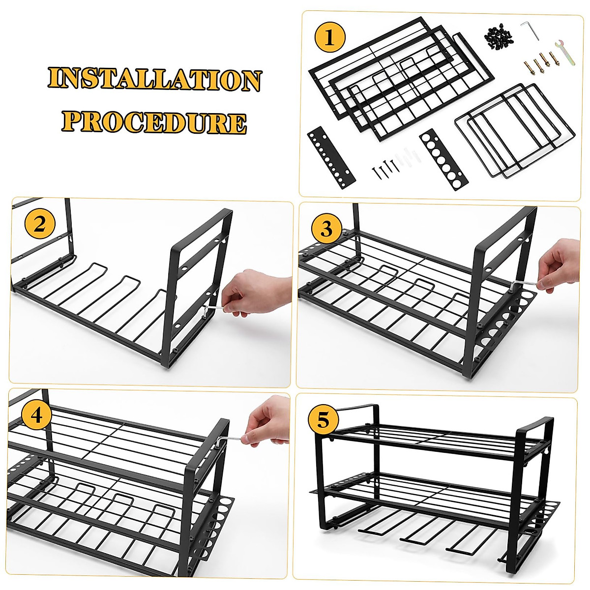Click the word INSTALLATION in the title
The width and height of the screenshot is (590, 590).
pos(154,80)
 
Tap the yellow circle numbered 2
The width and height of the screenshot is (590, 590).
pos(40,224)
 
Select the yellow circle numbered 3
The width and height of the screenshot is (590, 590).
pos(326,229)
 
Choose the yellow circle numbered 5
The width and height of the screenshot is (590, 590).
pos(323,420)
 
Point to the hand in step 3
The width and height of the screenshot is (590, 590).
pos(560,268)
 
